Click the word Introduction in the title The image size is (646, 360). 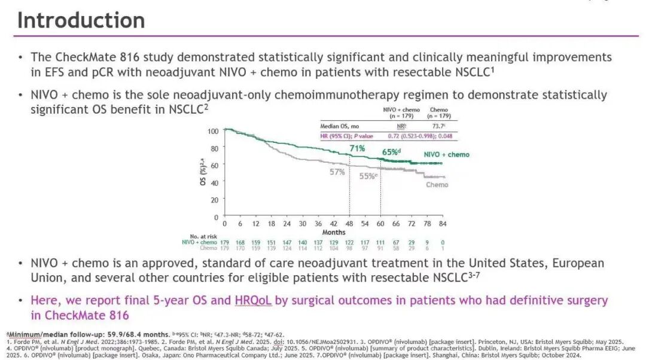tap(81, 20)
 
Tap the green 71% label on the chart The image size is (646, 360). tap(358, 148)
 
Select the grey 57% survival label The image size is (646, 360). tap(337, 172)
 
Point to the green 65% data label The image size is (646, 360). tap(391, 152)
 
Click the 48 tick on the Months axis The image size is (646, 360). tap(349, 223)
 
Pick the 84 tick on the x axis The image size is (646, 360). tap(443, 223)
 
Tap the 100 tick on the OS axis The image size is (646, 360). tap(213, 131)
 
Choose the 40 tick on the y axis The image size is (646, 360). tap(214, 182)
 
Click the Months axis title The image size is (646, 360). tap(334, 231)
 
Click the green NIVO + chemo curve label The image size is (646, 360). tap(446, 155)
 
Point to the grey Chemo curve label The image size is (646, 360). tap(437, 185)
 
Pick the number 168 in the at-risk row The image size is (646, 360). tap(240, 242)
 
